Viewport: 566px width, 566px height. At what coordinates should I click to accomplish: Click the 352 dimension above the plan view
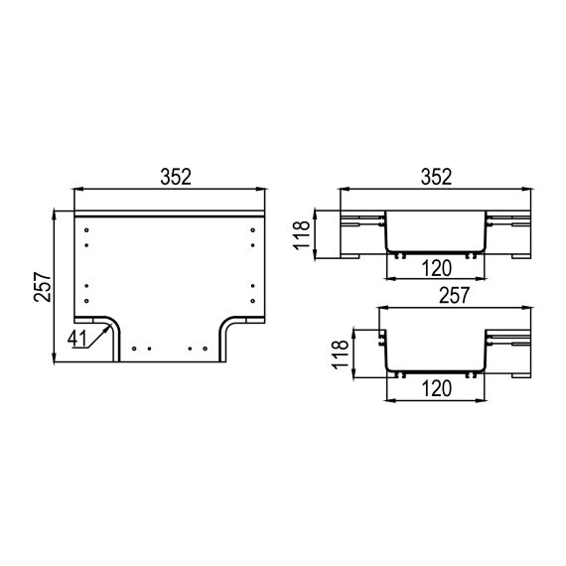[x=176, y=176]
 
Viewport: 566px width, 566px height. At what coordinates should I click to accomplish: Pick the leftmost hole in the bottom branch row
[x=133, y=349]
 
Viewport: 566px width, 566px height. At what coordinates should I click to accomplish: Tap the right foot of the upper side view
[x=519, y=256]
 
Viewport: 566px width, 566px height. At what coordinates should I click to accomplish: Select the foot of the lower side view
[x=519, y=375]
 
